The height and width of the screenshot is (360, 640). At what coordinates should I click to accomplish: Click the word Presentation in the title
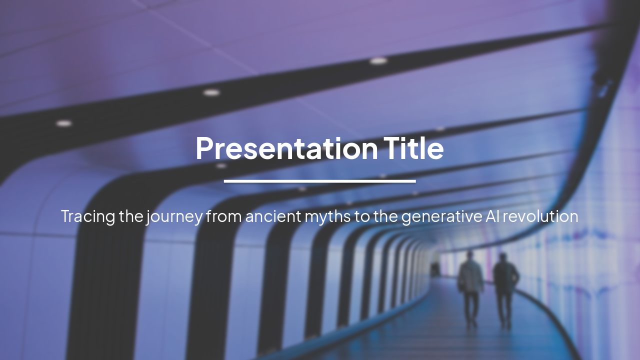tap(286, 148)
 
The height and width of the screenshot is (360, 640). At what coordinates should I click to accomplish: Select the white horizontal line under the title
tap(319, 181)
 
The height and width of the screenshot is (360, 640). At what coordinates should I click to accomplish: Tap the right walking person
tap(505, 287)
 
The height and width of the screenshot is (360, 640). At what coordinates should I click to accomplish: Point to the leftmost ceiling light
tap(63, 123)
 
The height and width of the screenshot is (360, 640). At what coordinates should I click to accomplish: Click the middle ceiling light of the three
tap(211, 92)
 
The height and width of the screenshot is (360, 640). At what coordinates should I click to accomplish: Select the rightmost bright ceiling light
tap(378, 61)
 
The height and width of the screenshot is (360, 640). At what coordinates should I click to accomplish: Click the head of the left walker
tap(470, 256)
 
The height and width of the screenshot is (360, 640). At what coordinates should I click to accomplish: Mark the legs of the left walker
tap(470, 307)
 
